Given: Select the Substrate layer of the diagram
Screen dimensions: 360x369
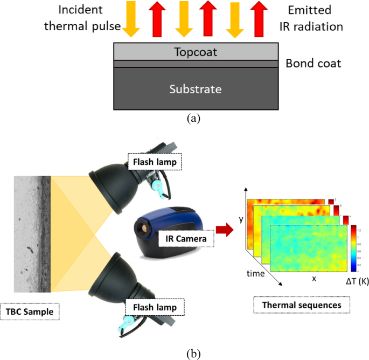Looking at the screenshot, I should (195, 88).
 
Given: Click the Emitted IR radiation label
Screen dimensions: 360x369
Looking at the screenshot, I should (317, 18).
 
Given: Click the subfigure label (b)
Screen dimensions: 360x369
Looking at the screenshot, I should (192, 353).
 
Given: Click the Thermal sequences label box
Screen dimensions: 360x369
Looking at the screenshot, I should (301, 304).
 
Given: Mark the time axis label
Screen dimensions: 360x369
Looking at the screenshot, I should (256, 274).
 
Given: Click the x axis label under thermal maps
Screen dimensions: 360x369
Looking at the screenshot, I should (313, 279).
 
